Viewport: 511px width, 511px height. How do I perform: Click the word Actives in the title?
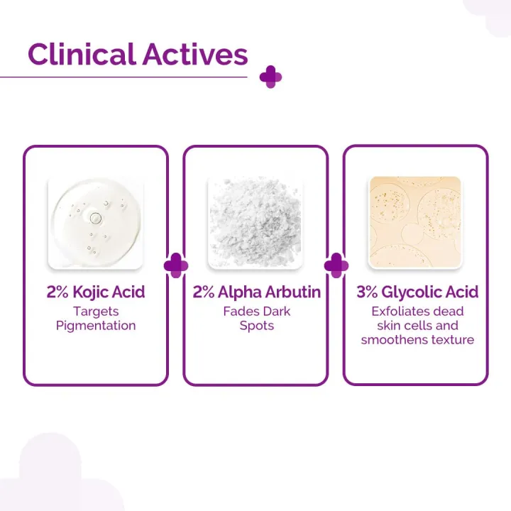point(196,55)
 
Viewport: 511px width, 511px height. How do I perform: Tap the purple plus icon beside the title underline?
point(270,77)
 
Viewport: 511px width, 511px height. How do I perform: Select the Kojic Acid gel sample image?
point(96,222)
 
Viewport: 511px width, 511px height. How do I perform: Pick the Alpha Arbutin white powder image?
point(255,222)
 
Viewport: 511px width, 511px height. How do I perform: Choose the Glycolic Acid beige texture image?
point(415,222)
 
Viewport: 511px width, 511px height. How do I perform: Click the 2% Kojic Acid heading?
point(96,292)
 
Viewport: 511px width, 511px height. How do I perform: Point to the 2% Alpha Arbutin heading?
point(255,292)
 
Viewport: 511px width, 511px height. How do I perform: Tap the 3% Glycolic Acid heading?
point(417,292)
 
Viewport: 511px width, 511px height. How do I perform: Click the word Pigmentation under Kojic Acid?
point(96,326)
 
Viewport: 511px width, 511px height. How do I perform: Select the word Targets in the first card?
point(96,312)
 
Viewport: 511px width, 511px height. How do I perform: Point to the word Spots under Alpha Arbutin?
point(255,326)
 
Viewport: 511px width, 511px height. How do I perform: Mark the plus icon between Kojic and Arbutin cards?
point(176,265)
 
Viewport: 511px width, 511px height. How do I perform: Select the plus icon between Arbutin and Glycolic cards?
point(336,265)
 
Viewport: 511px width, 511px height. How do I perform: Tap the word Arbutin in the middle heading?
point(292,292)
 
